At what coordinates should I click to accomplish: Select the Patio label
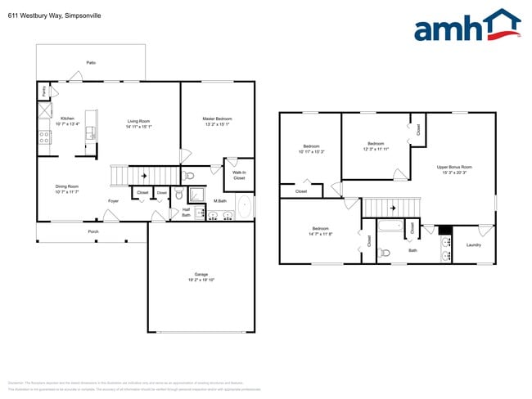(x=91, y=62)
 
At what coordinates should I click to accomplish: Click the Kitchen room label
(x=67, y=119)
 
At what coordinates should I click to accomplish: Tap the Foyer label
(x=114, y=200)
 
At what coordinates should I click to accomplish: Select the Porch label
(x=93, y=231)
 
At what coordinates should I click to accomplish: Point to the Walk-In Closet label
(x=239, y=175)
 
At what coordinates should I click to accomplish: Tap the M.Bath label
(x=219, y=200)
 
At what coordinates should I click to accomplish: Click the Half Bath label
(x=186, y=212)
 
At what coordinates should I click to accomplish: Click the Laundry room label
(x=473, y=244)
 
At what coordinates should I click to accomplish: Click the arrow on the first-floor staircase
(x=144, y=175)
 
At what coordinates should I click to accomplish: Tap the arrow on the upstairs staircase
(x=391, y=208)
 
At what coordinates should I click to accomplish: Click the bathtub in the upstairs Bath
(x=391, y=227)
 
